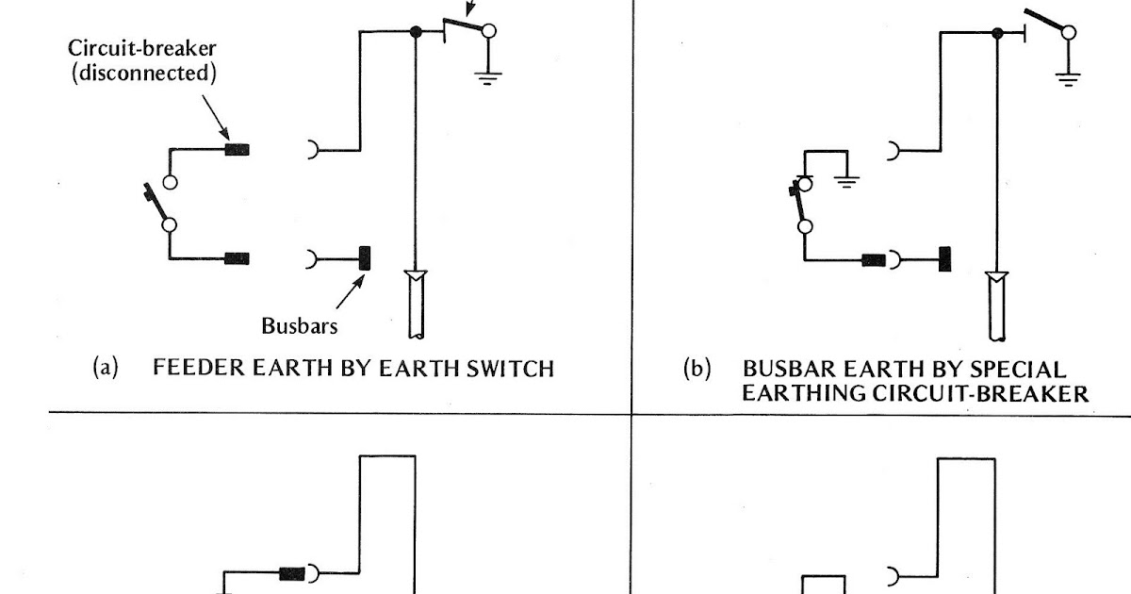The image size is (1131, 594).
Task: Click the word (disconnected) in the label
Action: tap(145, 73)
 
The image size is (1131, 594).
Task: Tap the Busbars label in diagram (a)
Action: tap(300, 326)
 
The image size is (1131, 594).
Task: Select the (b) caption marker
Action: tap(697, 369)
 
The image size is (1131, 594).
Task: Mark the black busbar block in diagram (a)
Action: tap(365, 256)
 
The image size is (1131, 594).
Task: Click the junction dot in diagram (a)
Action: tap(416, 32)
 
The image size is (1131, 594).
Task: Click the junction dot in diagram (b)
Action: tap(997, 33)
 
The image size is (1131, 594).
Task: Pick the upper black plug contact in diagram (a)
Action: tap(237, 148)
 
